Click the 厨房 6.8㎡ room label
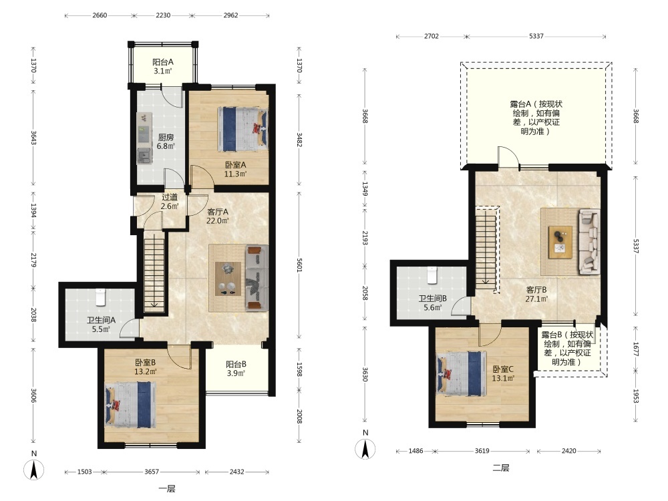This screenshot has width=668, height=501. [x=166, y=142]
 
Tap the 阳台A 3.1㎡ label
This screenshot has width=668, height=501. [x=163, y=66]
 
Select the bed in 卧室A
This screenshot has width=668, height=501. [x=243, y=129]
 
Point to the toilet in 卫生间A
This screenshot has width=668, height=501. [x=101, y=297]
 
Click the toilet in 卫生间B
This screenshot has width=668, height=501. [x=432, y=275]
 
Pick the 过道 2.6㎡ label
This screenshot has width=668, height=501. [x=170, y=202]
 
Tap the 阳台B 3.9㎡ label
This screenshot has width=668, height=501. [x=236, y=369]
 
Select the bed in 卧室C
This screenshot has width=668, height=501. [x=462, y=373]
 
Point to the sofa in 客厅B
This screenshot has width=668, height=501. [x=589, y=241]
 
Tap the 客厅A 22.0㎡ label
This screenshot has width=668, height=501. [x=218, y=216]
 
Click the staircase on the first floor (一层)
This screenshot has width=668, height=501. [x=154, y=275]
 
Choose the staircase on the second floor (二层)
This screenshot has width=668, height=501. [x=486, y=250]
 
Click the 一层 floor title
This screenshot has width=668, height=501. [x=167, y=489]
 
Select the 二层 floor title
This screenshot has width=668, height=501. [x=501, y=468]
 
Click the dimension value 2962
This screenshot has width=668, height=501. [x=230, y=15]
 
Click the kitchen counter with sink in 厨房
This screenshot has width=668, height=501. [x=144, y=138]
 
